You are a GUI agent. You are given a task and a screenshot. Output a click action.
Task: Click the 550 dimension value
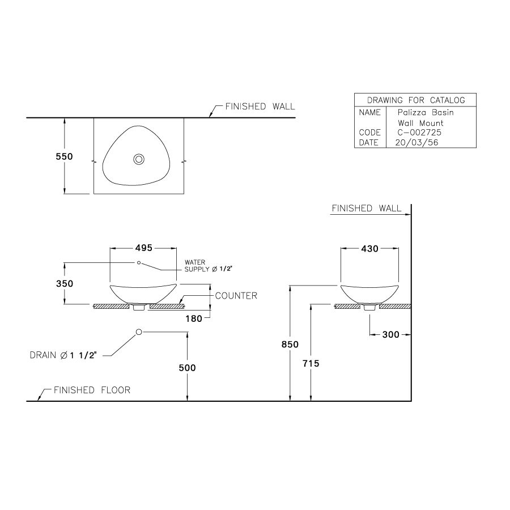pyautogui.click(x=64, y=156)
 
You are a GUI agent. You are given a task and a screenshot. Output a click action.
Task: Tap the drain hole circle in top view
pyautogui.click(x=138, y=160)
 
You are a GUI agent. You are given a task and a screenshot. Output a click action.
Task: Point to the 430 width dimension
pyautogui.click(x=369, y=249)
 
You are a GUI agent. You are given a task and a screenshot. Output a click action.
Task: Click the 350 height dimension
pyautogui.click(x=64, y=283)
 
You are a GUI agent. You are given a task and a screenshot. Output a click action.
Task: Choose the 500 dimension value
pyautogui.click(x=187, y=368)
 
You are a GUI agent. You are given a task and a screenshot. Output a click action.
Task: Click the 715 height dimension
pyautogui.click(x=311, y=364)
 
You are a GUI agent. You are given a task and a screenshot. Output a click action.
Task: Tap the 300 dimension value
pyautogui.click(x=390, y=334)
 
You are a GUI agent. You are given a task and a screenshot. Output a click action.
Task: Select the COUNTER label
pyautogui.click(x=236, y=296)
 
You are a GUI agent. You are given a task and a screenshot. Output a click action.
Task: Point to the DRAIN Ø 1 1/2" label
pyautogui.click(x=63, y=355)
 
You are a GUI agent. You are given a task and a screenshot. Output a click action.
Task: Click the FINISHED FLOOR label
pyautogui.click(x=92, y=390)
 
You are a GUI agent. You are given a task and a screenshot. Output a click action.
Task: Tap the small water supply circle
pyautogui.click(x=139, y=263)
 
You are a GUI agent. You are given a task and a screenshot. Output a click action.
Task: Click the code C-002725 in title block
pyautogui.click(x=419, y=133)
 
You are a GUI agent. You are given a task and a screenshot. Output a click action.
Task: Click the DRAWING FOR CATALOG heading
pyautogui.click(x=415, y=100)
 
